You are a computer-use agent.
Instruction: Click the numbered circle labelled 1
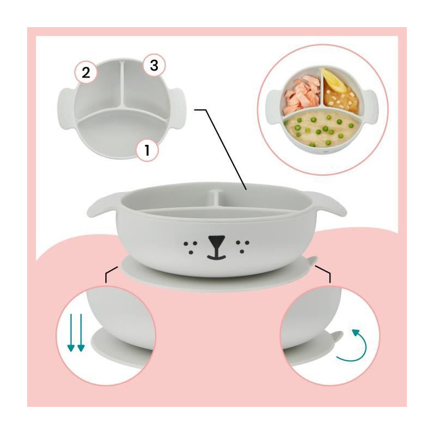pos(147,151)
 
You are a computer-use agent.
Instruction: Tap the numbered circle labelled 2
pos(86,72)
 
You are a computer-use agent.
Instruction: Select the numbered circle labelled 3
pos(154,66)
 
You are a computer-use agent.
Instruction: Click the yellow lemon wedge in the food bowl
pos(333,80)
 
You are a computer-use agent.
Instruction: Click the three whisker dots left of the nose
pos(191,247)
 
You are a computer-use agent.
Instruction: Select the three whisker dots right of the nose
pos(242,247)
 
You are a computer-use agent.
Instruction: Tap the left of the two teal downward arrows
pos(71,333)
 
